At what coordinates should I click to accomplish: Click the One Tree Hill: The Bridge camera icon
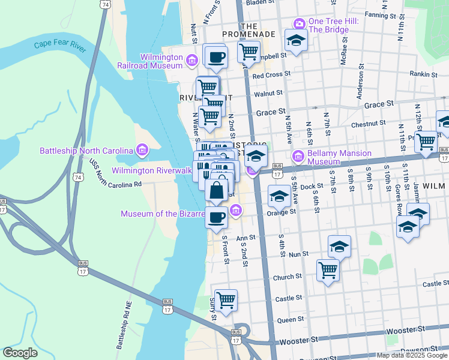click(x=299, y=23)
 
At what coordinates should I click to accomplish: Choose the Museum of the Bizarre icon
click(x=236, y=210)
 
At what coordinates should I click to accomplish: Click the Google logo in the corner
click(x=20, y=353)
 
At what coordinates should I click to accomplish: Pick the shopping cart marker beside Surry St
click(x=226, y=300)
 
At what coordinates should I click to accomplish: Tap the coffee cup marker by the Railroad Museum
click(x=215, y=57)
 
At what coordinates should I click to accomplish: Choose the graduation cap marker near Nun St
click(x=339, y=246)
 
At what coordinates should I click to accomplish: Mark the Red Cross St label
click(x=271, y=76)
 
